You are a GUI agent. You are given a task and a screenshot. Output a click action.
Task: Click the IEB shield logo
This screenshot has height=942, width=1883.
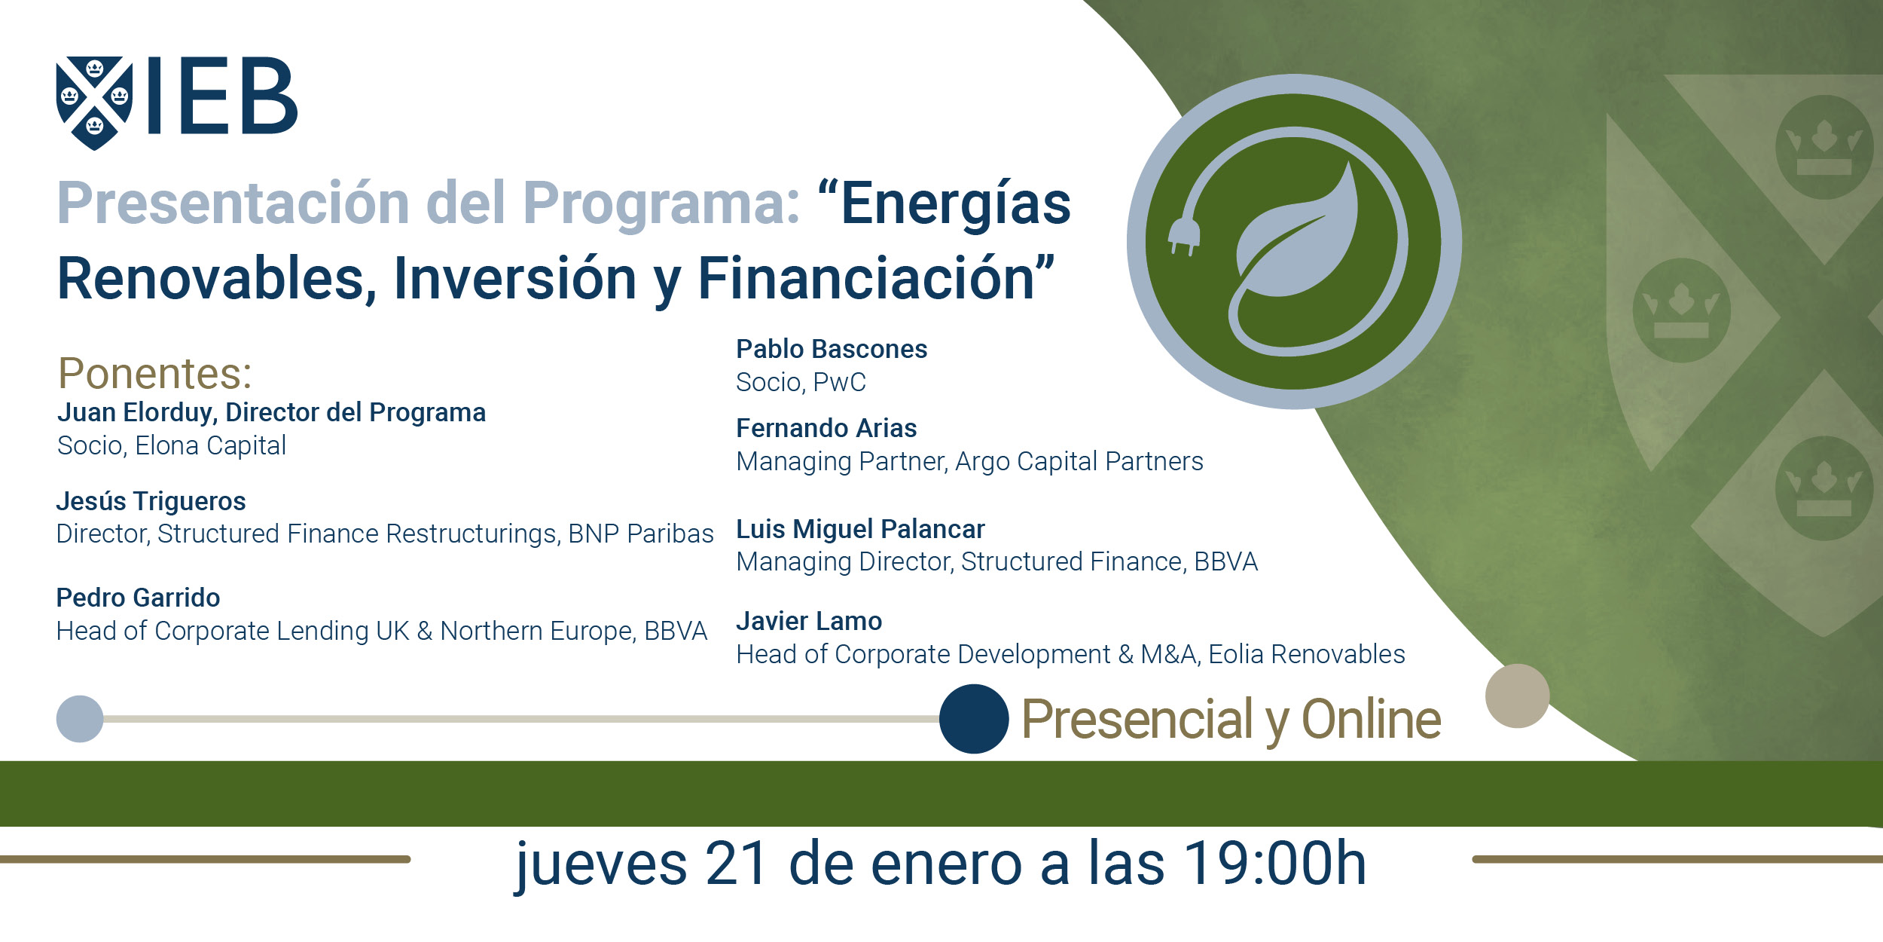[x=94, y=103]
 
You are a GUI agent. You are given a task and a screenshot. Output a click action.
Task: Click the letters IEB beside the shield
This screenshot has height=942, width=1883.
[x=223, y=96]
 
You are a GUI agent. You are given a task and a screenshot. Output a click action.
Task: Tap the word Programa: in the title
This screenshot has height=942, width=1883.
[x=661, y=204]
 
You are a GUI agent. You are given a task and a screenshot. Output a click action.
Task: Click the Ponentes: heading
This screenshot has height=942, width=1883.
[x=155, y=373]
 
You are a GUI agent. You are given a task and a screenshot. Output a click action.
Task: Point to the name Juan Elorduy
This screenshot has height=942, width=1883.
[x=138, y=413]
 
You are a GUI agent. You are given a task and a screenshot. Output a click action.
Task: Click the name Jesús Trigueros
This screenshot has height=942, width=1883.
[x=151, y=501]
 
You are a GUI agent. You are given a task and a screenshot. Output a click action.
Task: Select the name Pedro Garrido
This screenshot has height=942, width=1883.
[x=139, y=598]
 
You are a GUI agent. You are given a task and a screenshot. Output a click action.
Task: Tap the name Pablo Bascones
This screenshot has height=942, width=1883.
[x=832, y=350]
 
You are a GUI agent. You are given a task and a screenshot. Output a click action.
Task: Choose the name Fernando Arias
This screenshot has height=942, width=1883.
[x=826, y=429]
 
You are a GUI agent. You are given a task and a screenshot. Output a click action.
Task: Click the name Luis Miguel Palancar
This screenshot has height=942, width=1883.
[x=860, y=530]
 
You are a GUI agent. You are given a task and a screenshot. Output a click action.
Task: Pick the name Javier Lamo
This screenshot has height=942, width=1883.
[x=809, y=622]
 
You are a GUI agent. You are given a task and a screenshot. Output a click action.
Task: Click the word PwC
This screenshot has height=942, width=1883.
[x=840, y=383]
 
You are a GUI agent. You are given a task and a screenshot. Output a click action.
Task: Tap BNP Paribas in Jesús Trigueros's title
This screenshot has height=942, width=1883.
[x=641, y=534]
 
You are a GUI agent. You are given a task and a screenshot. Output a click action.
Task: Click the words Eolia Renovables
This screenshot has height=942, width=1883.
[x=1307, y=655]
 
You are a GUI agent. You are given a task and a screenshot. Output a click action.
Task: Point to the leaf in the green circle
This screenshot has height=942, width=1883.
[x=1297, y=234]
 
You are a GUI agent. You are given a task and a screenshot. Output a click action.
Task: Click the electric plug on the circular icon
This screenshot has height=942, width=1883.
[x=1183, y=237]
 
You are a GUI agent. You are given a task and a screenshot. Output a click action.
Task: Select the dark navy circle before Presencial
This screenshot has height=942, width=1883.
[x=974, y=719]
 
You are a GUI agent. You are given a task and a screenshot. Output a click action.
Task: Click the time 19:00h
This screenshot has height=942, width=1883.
[x=1275, y=864]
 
